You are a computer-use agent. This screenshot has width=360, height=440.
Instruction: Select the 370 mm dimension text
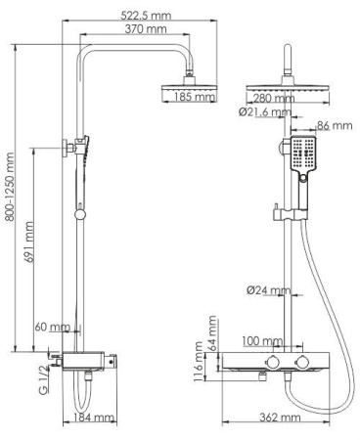pyautogui.click(x=133, y=30)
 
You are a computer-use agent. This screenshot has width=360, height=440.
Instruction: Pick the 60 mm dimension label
pyautogui.click(x=52, y=327)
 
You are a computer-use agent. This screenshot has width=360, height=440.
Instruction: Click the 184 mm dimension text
pyautogui.click(x=95, y=418)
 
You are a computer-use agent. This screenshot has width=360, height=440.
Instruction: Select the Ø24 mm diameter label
pyautogui.click(x=267, y=289)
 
